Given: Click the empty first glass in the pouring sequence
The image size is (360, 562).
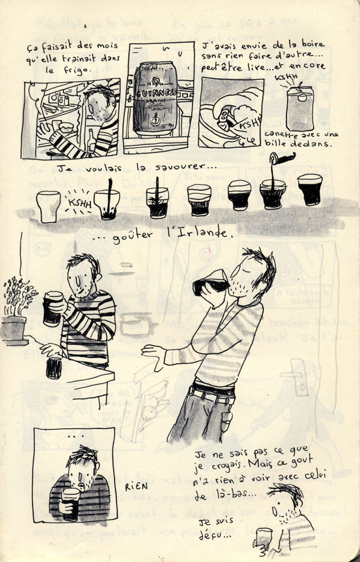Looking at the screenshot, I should [48, 207].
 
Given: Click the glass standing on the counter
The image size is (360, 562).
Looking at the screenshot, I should [55, 368].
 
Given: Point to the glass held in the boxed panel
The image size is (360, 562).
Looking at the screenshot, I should [71, 503].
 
